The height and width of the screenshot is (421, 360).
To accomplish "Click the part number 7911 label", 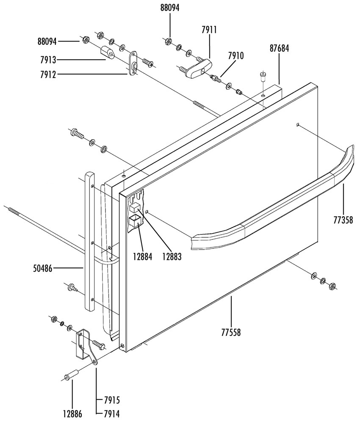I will (x=209, y=30).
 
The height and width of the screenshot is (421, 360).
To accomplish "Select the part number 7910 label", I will (x=235, y=55).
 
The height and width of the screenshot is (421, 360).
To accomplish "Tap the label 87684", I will (x=279, y=48).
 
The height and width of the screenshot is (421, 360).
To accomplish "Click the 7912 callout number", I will (x=47, y=74).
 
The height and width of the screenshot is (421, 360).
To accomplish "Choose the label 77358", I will (x=343, y=219).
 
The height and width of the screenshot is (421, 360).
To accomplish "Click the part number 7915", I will (x=111, y=400).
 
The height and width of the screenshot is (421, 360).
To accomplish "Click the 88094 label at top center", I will (x=170, y=8).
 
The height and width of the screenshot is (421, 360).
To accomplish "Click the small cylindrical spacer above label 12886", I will (x=72, y=375).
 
